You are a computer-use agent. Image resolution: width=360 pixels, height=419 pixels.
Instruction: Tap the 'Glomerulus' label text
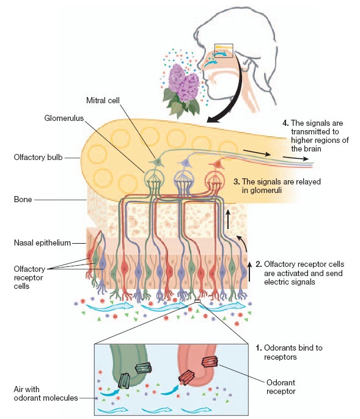coord(63,116)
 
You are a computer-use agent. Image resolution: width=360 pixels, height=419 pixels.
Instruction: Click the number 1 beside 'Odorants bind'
coord(258,347)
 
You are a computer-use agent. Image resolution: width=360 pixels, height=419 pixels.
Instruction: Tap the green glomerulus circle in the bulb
coord(156,181)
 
